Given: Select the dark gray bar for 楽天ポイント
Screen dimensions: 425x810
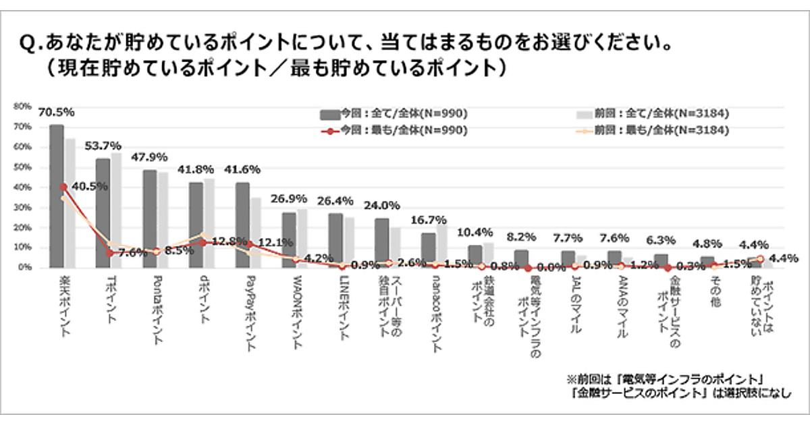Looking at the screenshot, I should (57, 196).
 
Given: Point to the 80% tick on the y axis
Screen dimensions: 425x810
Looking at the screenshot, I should (22, 106).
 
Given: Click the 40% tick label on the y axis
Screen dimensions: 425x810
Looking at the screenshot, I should (22, 187).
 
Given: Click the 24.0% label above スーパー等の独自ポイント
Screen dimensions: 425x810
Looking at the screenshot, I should (381, 205).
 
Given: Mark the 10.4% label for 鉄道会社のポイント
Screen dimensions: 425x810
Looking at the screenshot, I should (475, 232).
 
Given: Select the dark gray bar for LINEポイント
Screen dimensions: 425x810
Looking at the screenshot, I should (335, 240).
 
